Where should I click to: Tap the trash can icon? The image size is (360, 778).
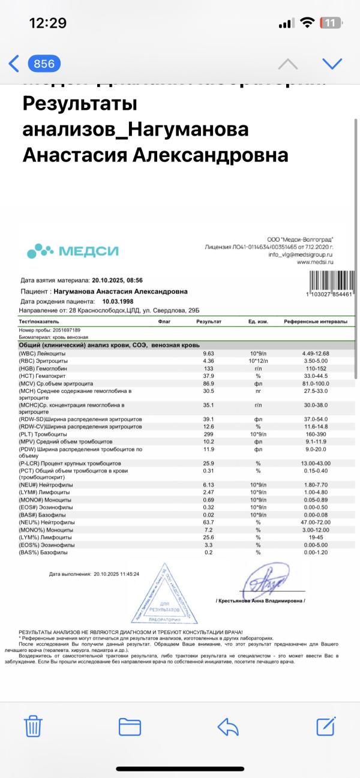pyautogui.click(x=33, y=726)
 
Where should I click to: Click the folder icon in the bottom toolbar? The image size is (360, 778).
pyautogui.click(x=130, y=726)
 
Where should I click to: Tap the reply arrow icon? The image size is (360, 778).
pyautogui.click(x=229, y=726)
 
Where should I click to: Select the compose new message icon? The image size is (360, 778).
pyautogui.click(x=325, y=726)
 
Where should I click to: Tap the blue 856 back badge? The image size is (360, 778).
pyautogui.click(x=44, y=64)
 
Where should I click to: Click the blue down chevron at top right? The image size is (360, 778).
pyautogui.click(x=332, y=64)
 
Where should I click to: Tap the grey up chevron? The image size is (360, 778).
pyautogui.click(x=288, y=64)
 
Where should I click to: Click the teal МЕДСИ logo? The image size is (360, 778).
pyautogui.click(x=73, y=251)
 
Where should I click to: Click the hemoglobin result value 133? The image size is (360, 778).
pyautogui.click(x=209, y=370)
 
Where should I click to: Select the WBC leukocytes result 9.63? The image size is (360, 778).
pyautogui.click(x=209, y=353)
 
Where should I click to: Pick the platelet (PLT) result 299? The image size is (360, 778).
pyautogui.click(x=209, y=433)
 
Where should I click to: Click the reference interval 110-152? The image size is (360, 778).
pyautogui.click(x=316, y=370)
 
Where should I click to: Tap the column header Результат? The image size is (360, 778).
pyautogui.click(x=209, y=322)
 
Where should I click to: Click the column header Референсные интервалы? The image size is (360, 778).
pyautogui.click(x=316, y=322)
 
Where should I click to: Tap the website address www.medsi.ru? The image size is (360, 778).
pyautogui.click(x=315, y=262)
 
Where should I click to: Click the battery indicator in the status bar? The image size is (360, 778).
pyautogui.click(x=331, y=23)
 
